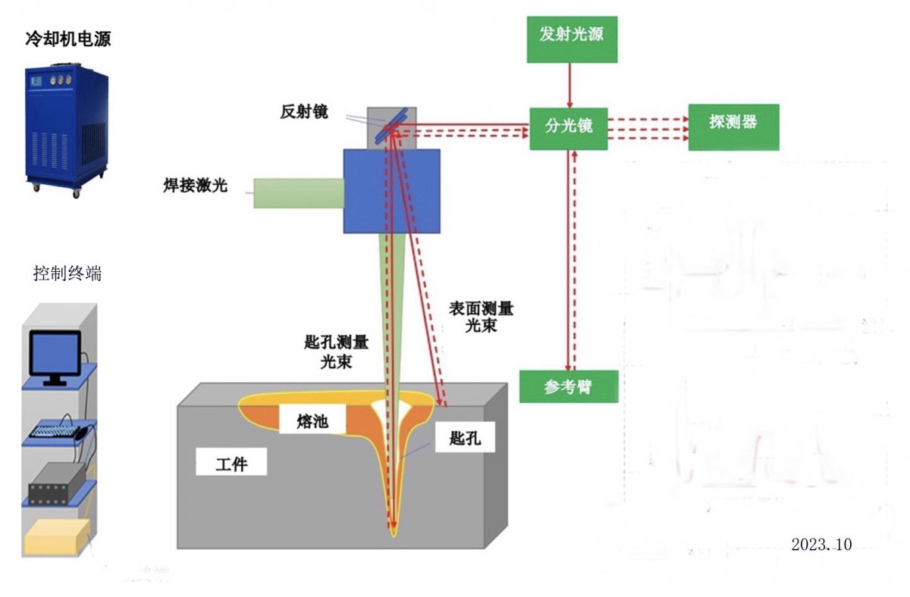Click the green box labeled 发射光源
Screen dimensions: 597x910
(572, 35)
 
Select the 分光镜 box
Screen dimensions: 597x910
(569, 127)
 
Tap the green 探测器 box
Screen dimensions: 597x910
(733, 122)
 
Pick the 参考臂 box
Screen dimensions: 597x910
(568, 387)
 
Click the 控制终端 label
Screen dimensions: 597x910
(67, 273)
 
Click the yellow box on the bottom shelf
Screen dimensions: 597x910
(57, 538)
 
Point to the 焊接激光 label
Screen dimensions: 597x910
(196, 184)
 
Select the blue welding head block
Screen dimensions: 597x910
(391, 190)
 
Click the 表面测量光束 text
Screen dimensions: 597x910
(480, 317)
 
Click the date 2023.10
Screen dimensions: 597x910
(822, 544)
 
